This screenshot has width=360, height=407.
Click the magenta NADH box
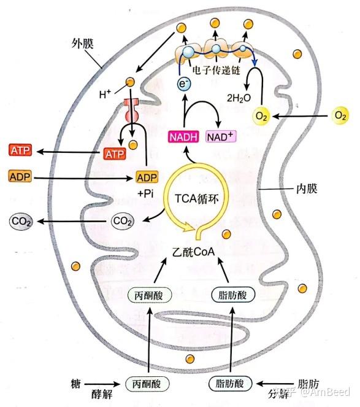point(183,136)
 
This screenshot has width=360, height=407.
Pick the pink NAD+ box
point(223,136)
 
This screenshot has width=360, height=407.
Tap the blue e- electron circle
point(183,84)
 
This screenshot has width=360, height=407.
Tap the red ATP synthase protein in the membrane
point(131,111)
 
